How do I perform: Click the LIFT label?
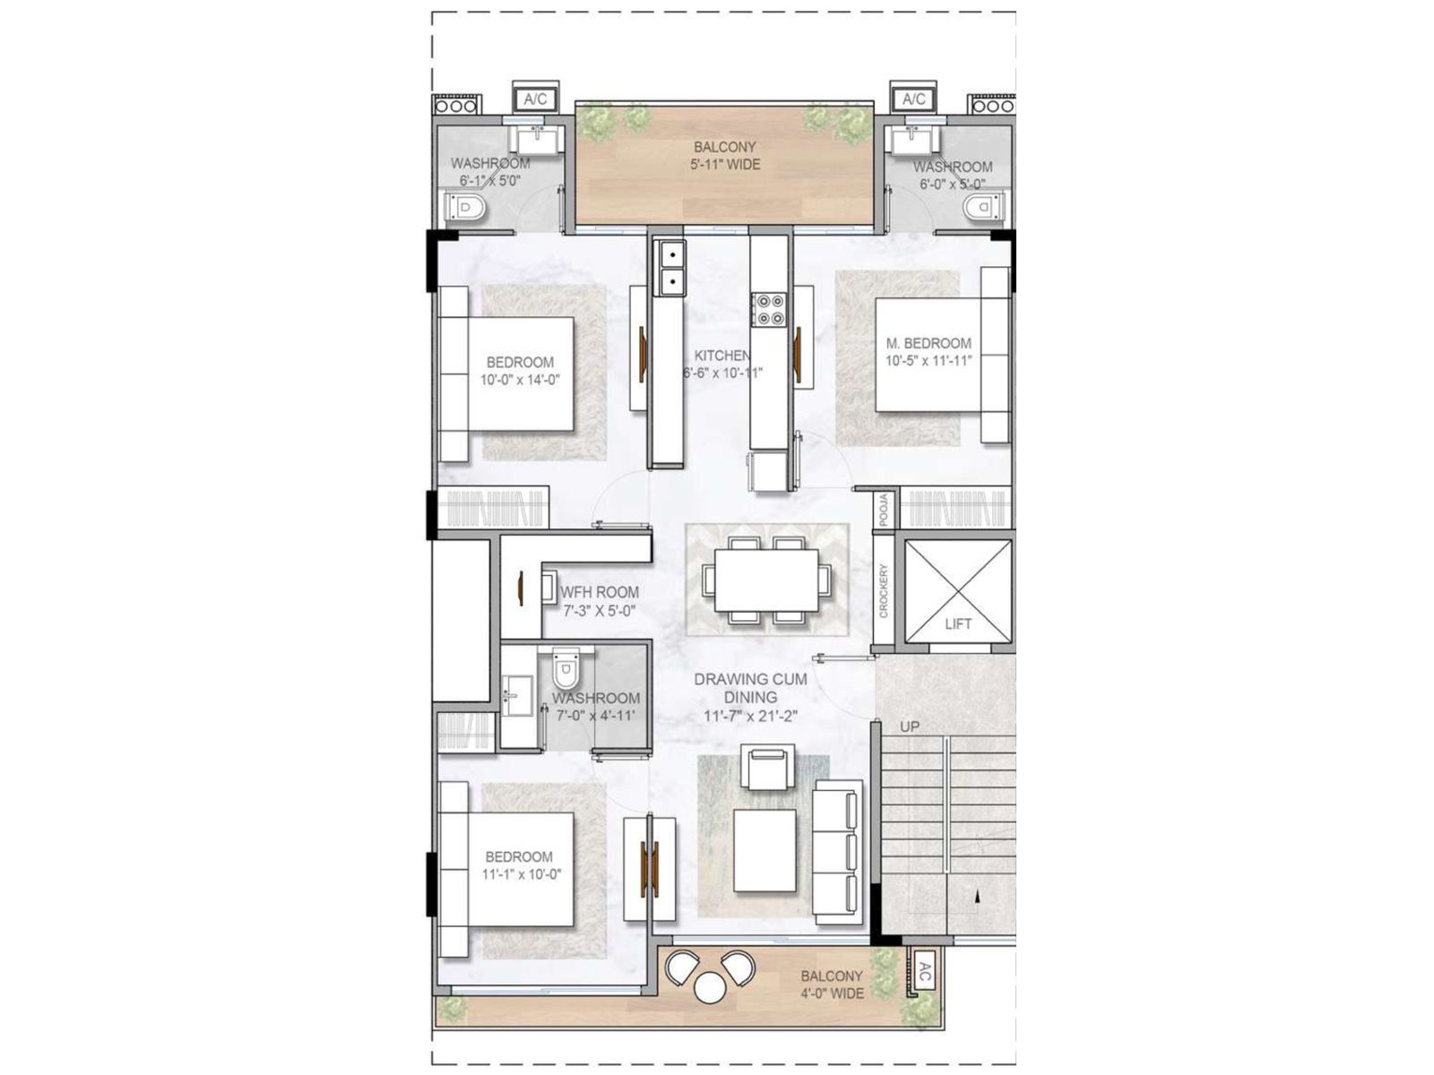click(957, 624)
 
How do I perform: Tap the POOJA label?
click(883, 510)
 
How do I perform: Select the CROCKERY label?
click(883, 590)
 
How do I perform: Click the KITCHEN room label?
click(722, 356)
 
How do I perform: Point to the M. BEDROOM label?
click(928, 343)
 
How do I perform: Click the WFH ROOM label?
click(600, 592)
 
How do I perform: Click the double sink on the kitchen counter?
click(669, 270)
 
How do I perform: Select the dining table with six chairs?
click(766, 580)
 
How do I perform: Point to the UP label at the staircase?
click(909, 727)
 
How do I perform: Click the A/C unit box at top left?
click(535, 99)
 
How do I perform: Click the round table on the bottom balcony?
click(710, 987)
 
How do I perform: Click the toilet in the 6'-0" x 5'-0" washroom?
click(980, 208)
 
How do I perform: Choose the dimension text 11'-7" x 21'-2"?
click(750, 716)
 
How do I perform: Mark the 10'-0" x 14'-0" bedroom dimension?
click(520, 380)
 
